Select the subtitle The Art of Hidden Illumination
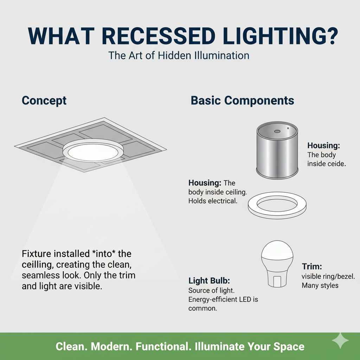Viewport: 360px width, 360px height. [x=179, y=56]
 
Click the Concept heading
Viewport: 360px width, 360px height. [x=44, y=101]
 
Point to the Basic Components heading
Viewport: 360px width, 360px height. [x=242, y=101]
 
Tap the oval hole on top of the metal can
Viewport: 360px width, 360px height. [x=277, y=131]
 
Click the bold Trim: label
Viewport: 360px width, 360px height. [x=312, y=267]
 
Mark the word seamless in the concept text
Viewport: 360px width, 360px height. [x=40, y=275]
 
